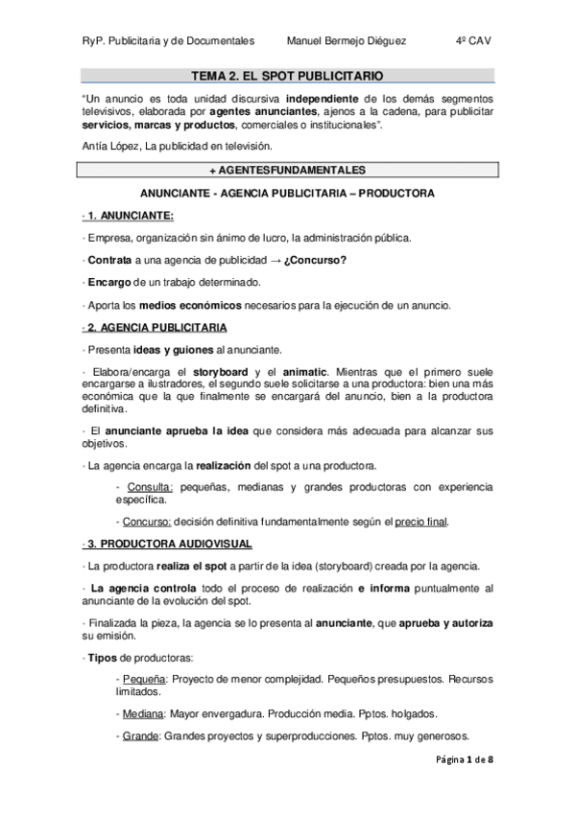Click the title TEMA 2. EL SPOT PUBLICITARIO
tap(286, 75)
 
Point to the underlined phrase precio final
tap(422, 522)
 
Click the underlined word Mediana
tap(142, 714)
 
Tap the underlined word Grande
tap(140, 737)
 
